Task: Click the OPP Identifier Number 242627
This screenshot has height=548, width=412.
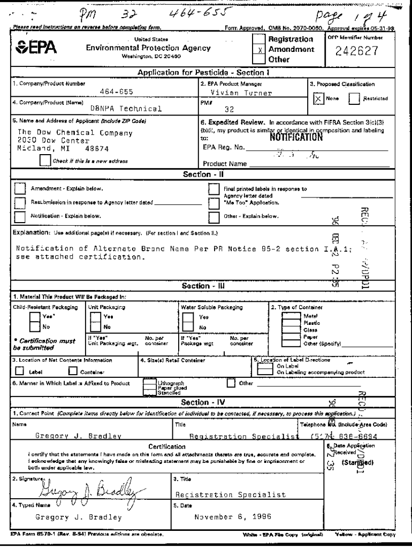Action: pos(357,52)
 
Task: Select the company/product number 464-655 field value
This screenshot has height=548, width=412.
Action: pos(115,93)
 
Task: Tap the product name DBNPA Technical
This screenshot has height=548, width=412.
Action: pos(125,108)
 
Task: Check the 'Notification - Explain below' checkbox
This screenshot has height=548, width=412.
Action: pos(20,216)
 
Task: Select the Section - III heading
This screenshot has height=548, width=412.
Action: pos(203,286)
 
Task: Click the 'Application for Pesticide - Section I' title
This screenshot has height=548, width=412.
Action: pos(203,72)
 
